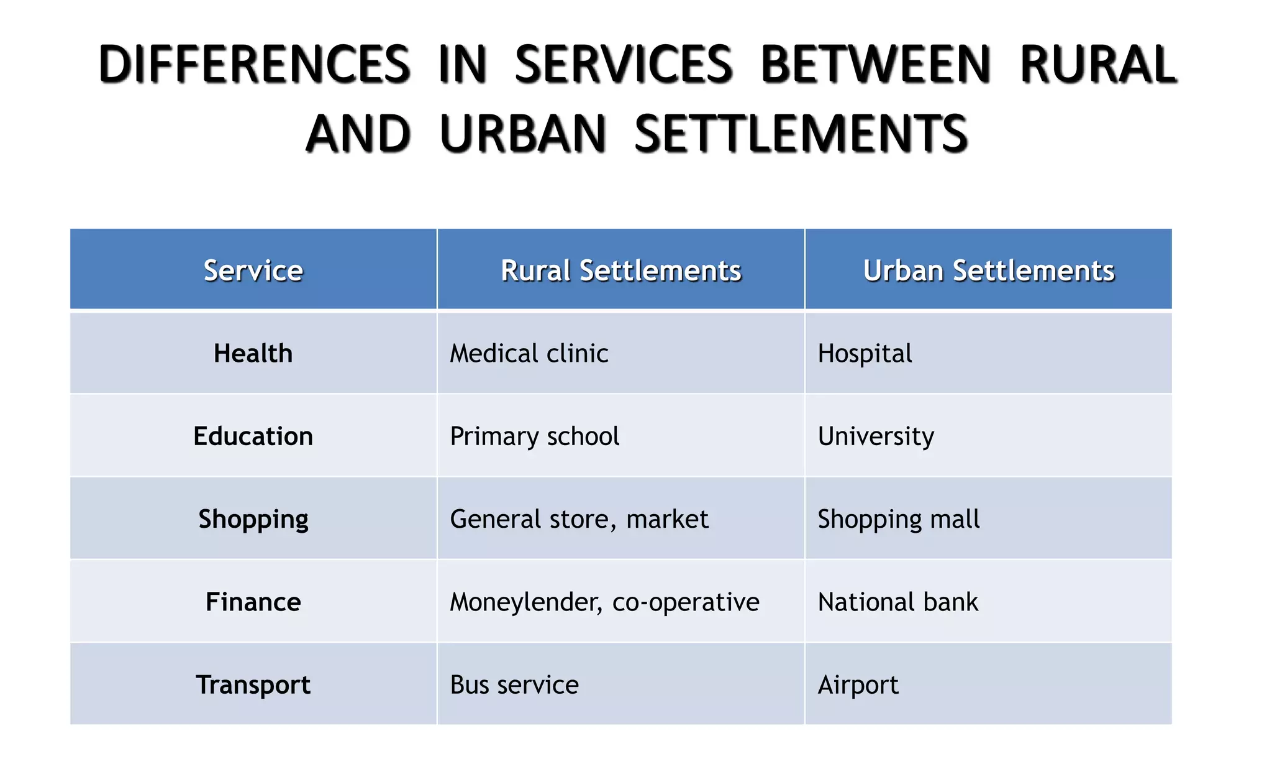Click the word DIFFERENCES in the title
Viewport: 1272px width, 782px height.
tap(254, 65)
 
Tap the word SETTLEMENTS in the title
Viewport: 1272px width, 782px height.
tap(801, 134)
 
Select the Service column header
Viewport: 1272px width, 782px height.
tap(253, 270)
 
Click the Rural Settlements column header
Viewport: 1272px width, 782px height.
tap(620, 270)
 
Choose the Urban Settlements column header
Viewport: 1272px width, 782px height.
tap(988, 270)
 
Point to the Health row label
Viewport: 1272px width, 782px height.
tap(253, 353)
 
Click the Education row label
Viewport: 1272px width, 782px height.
tap(253, 436)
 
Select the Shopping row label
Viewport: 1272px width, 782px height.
tap(253, 519)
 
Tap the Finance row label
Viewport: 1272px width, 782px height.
tap(253, 602)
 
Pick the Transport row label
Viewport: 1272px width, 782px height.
tap(253, 684)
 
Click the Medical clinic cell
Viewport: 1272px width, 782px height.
tap(529, 353)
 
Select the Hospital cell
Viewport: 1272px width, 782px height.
tap(865, 353)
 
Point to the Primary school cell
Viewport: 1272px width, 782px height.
tap(534, 436)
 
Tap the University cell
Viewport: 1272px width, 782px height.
tap(876, 436)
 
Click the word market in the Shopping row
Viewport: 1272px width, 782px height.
tap(667, 519)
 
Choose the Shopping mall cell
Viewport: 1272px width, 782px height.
tap(898, 519)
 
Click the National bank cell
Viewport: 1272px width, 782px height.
tap(897, 602)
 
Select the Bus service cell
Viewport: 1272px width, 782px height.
tap(514, 684)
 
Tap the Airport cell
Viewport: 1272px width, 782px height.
tap(858, 684)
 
